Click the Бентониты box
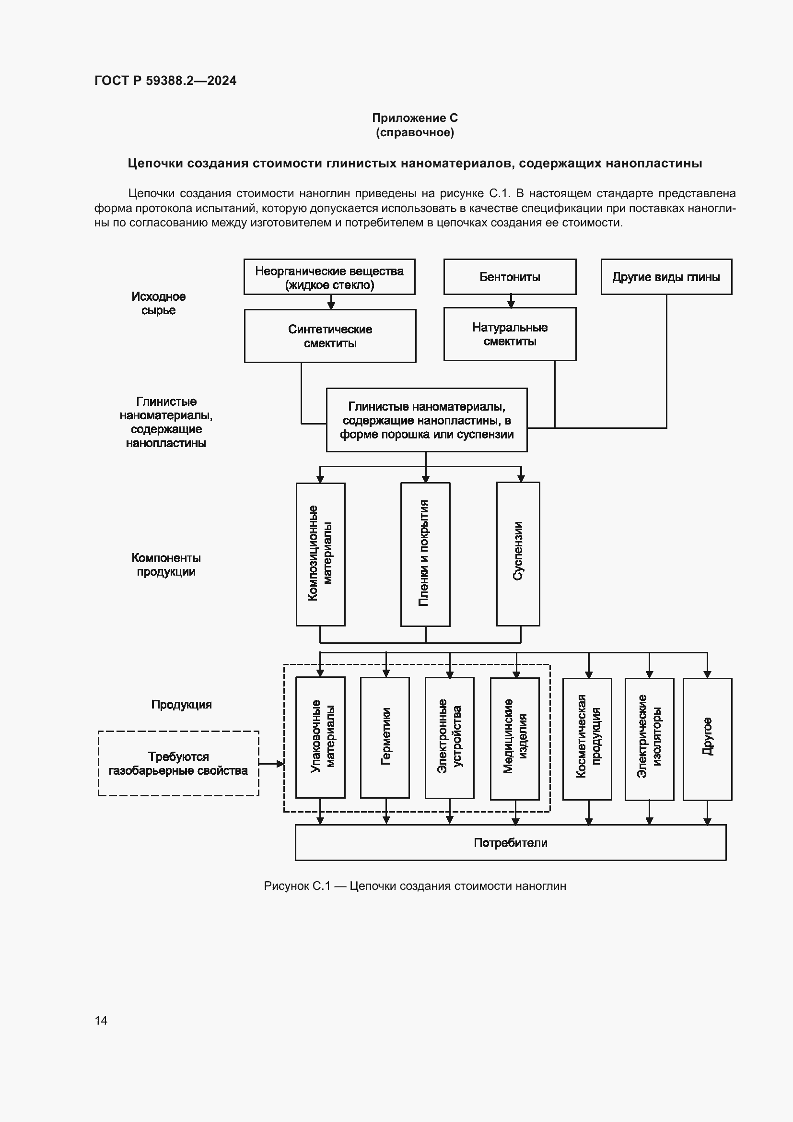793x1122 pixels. click(x=509, y=277)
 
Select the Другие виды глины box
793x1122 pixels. click(x=665, y=277)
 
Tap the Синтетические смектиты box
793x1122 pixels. click(x=329, y=336)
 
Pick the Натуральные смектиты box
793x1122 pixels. click(x=509, y=334)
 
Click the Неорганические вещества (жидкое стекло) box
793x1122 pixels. click(x=329, y=277)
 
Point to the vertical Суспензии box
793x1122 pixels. click(x=518, y=554)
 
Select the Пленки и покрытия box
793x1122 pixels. click(x=425, y=554)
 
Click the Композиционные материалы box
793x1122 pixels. click(x=320, y=554)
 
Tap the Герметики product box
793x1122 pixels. click(x=385, y=737)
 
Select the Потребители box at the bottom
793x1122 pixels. click(x=510, y=842)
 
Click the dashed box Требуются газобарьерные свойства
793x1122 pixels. click(x=178, y=763)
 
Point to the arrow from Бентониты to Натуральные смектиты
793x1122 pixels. click(x=511, y=301)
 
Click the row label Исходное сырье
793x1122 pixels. click(x=158, y=303)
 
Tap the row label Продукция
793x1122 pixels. click(x=181, y=704)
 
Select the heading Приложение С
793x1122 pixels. click(x=415, y=118)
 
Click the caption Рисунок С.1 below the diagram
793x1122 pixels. click(x=415, y=886)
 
